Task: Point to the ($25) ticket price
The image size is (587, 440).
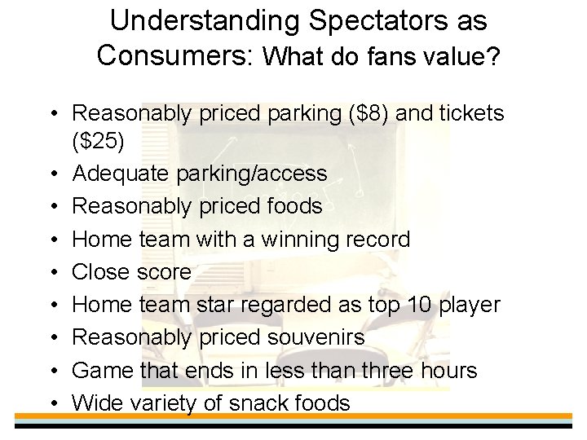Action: point(99,143)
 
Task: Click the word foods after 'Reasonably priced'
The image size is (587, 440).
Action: point(289,207)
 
